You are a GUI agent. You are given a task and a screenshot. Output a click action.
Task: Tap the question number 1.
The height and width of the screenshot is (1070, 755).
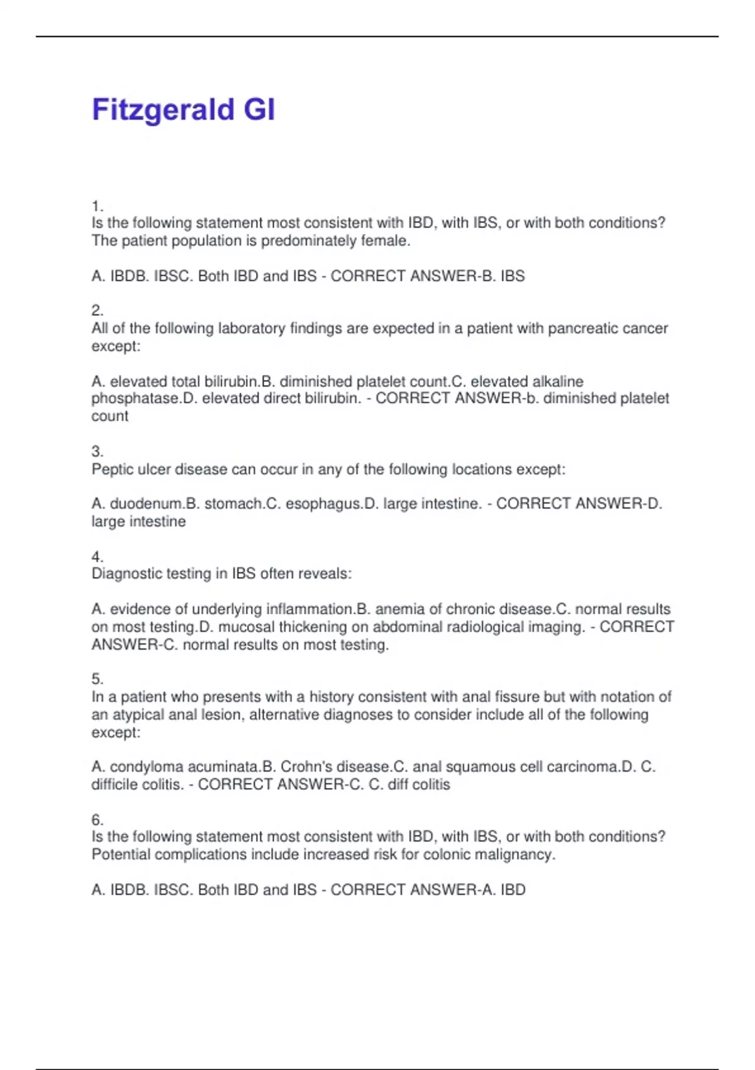coord(97,206)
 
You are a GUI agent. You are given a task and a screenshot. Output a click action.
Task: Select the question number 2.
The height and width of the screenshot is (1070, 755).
coord(97,311)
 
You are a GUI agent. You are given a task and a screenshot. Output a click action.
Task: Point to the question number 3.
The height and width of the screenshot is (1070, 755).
coord(97,452)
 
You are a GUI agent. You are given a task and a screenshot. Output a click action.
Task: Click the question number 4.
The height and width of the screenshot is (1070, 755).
coord(97,557)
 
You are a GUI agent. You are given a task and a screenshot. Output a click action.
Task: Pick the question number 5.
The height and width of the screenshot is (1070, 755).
coord(97,679)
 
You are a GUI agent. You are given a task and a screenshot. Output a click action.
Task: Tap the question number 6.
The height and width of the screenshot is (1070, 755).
coord(97,820)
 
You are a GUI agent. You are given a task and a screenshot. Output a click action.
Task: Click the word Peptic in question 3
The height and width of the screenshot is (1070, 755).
coord(112,470)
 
